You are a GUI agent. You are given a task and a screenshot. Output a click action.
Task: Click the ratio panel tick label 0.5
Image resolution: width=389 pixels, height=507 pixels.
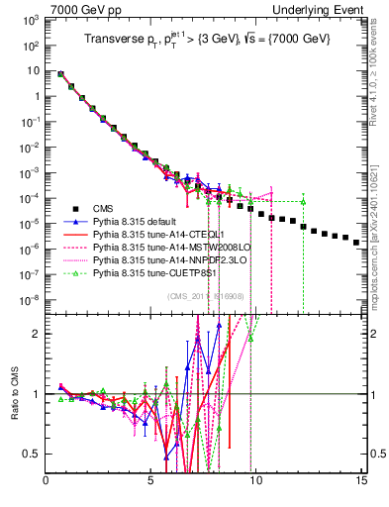(x=35, y=454)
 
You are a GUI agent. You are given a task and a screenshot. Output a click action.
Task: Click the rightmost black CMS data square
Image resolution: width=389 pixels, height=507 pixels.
(x=356, y=269)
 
